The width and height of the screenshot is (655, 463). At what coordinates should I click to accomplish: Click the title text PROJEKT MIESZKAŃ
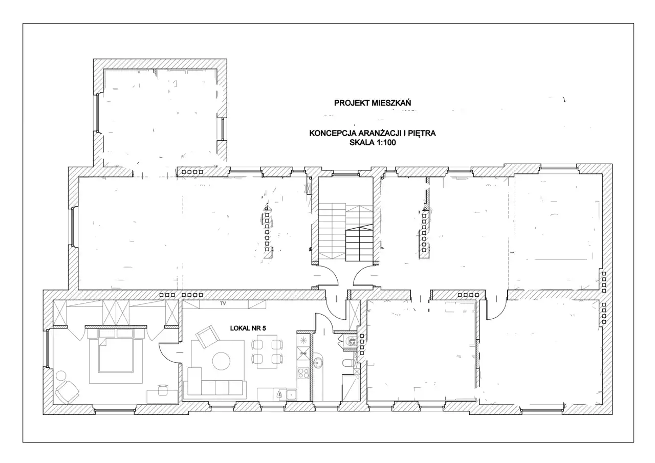pos(372,103)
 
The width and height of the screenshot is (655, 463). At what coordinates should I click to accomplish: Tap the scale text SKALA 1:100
pos(373,143)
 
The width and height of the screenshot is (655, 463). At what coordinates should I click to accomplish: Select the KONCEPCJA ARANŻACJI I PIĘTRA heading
pos(373,134)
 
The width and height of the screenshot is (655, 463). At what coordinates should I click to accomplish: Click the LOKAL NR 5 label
pos(248,328)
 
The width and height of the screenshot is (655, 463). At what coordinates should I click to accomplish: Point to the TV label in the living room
pos(223,304)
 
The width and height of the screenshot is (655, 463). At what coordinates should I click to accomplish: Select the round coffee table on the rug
pos(221,361)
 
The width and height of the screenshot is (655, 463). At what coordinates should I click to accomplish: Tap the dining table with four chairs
pos(267,351)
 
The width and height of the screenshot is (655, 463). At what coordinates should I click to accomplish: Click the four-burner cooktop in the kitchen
pos(303,373)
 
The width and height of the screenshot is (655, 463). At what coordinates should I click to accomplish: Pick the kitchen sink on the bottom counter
pos(291,394)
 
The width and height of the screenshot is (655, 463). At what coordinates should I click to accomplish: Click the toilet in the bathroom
pos(347,363)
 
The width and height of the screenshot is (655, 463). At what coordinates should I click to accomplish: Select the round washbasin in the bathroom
pos(318,363)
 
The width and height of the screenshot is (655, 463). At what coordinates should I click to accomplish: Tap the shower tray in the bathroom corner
pos(351,388)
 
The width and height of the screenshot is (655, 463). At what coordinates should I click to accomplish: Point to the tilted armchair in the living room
pos(208,337)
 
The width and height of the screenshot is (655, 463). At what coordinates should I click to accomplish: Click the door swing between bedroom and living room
pos(170,353)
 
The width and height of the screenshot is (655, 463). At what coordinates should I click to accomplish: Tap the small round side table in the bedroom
pos(61,376)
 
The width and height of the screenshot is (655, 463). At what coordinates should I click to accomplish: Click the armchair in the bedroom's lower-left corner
pos(67,391)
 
